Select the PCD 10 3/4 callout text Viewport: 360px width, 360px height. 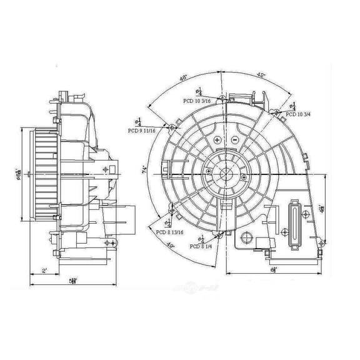[301, 114]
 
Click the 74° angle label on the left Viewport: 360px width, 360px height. [144, 169]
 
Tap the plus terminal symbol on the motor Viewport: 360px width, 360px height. [217, 139]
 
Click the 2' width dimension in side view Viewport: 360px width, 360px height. [44, 271]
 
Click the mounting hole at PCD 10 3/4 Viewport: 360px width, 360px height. [276, 113]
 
